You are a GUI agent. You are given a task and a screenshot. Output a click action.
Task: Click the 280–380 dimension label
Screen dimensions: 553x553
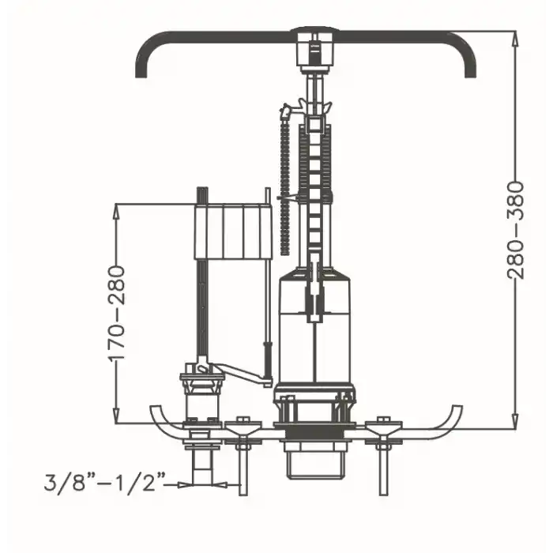coord(515,231)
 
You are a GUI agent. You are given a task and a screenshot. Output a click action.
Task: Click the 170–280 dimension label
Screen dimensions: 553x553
coord(116,314)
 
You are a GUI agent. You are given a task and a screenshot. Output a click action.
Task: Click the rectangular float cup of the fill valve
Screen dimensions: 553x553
coord(233,231)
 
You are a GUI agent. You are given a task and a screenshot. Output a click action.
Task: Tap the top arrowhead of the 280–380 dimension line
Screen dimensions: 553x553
coord(515,39)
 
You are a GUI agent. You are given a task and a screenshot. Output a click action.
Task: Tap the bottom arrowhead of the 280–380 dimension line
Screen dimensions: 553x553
coord(515,421)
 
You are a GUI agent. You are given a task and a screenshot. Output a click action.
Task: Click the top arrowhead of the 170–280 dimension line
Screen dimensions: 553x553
coord(116,213)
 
